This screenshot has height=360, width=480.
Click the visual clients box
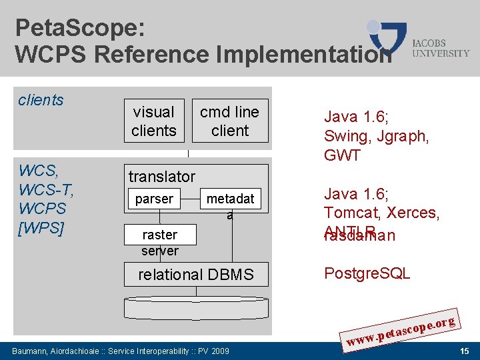point(153,121)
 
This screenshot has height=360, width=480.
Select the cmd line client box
point(230,121)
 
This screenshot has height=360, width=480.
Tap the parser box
point(154,199)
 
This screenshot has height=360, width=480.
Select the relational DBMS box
point(196,275)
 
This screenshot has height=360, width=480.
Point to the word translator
point(162,177)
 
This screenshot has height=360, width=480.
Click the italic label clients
point(41,100)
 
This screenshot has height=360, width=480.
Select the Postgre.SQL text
point(367,274)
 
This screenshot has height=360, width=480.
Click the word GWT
point(342,155)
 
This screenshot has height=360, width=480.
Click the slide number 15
point(464,351)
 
